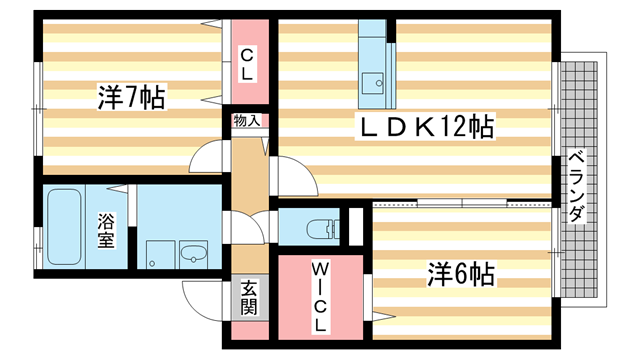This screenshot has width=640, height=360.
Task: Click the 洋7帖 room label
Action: pos(131,98)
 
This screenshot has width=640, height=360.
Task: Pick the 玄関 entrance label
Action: pos(249,297)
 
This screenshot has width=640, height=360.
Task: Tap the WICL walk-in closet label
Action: pos(320,297)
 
